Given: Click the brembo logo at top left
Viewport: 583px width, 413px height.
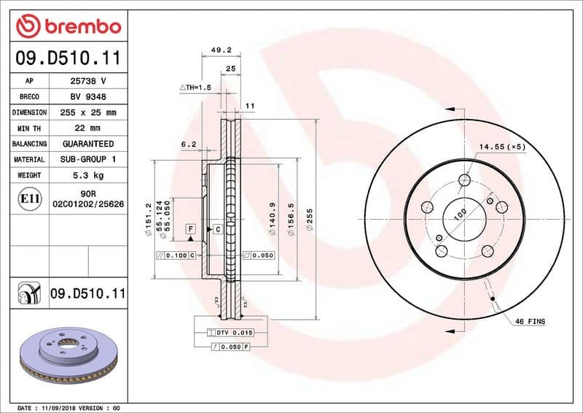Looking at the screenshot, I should pos(68,26).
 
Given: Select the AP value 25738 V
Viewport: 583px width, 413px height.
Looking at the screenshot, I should pos(88,81).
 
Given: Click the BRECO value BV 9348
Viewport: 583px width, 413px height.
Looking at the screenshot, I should pos(88,97).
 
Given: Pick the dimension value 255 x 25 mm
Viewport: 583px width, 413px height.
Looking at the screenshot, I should pos(88,112).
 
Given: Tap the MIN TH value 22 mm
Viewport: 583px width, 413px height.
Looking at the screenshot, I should pos(88,128).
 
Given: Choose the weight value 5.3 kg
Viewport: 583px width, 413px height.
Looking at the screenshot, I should pos(88,175).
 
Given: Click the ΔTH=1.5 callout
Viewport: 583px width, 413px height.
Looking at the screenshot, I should pos(195,87).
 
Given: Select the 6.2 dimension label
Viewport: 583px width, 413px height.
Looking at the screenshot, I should pos(189,144).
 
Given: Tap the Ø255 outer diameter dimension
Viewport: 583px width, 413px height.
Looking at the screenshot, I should pos(309,220).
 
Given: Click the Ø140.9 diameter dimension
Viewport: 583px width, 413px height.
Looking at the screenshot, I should pos(271,219).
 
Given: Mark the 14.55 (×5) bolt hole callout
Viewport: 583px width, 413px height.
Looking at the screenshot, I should pos(501,147).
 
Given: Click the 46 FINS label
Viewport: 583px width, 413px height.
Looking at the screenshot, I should pos(530,321).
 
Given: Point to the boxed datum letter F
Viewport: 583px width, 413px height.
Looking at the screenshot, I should pos(190,229).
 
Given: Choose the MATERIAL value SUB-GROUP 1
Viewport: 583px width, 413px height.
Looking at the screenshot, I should pos(88,159).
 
